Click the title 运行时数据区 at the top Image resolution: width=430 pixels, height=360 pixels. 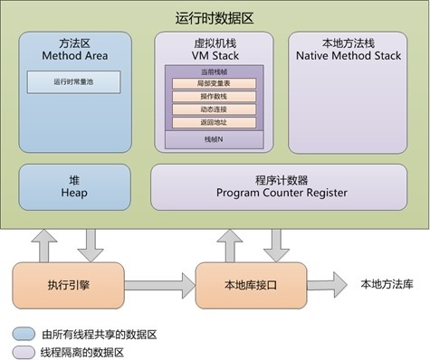[x=214, y=17]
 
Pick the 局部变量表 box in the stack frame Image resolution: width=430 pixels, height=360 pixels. [x=214, y=82]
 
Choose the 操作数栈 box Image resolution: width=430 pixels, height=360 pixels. [x=214, y=96]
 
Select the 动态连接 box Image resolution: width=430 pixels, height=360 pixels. [x=214, y=109]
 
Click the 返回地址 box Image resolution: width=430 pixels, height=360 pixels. [x=214, y=122]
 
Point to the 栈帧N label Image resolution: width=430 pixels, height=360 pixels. [x=214, y=140]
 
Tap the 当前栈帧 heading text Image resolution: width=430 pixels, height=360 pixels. [x=214, y=71]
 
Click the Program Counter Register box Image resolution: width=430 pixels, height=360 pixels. [x=276, y=185]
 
